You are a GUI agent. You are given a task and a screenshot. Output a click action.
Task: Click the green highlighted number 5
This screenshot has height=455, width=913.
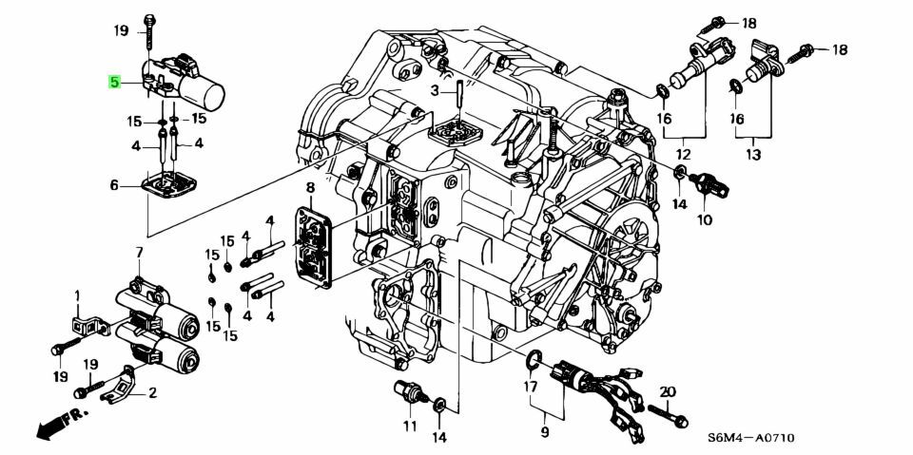pyautogui.click(x=114, y=82)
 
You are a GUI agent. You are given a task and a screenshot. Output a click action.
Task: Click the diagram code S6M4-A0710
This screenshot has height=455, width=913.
pyautogui.click(x=750, y=438)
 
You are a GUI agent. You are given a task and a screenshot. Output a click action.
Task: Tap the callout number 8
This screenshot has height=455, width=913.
pyautogui.click(x=309, y=187)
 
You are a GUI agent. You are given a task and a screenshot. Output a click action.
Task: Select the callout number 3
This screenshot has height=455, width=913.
pyautogui.click(x=435, y=90)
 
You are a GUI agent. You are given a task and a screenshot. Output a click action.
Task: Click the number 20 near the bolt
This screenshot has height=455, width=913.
pyautogui.click(x=668, y=392)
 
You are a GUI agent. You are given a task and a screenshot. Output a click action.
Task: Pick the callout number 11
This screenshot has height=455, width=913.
pyautogui.click(x=410, y=426)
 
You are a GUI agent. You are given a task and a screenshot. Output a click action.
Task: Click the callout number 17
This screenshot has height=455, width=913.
pyautogui.click(x=530, y=385)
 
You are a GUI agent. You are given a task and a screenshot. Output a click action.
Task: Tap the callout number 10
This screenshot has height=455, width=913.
pyautogui.click(x=705, y=220)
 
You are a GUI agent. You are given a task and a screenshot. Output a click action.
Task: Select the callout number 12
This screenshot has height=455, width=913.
pyautogui.click(x=683, y=155)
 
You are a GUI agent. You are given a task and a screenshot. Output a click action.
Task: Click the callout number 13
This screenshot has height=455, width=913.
pyautogui.click(x=753, y=155)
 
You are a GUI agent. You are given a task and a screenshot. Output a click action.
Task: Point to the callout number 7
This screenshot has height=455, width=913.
pyautogui.click(x=139, y=253)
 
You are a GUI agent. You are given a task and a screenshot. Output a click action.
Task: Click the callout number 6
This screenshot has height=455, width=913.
pyautogui.click(x=114, y=185)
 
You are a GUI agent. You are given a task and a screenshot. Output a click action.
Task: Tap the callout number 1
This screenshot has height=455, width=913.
pyautogui.click(x=76, y=296)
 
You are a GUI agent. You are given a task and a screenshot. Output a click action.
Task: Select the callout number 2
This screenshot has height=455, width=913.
pyautogui.click(x=152, y=393)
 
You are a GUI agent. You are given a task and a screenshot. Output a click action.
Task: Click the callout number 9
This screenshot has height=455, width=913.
pyautogui.click(x=545, y=432)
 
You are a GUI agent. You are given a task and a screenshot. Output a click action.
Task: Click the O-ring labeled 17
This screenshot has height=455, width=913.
pyautogui.click(x=534, y=361)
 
